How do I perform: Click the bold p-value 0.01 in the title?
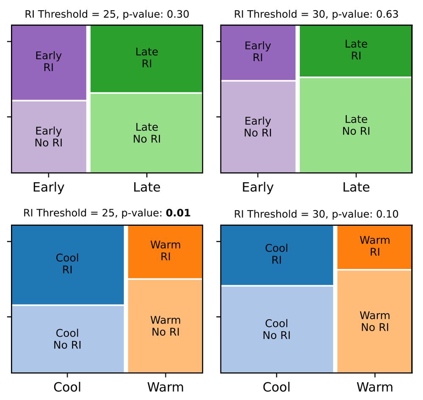click(x=178, y=213)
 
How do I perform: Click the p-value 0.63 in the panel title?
click(x=387, y=14)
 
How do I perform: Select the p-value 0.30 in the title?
click(x=178, y=14)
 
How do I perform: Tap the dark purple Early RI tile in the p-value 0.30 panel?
click(x=49, y=63)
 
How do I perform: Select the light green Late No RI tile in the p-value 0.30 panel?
click(x=146, y=133)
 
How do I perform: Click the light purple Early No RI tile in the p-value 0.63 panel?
click(x=258, y=126)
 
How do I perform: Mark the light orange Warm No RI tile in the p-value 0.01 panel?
click(x=165, y=326)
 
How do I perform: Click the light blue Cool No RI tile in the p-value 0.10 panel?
click(x=277, y=329)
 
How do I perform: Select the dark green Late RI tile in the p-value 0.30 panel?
click(x=146, y=58)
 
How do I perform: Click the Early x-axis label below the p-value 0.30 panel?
click(x=49, y=187)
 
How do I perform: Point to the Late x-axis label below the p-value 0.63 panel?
click(x=356, y=187)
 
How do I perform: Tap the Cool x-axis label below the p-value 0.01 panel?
click(x=68, y=386)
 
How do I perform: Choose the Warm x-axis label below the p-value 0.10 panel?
click(x=374, y=386)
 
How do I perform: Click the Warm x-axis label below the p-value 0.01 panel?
click(x=165, y=386)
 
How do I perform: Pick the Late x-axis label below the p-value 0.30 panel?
click(x=146, y=187)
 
